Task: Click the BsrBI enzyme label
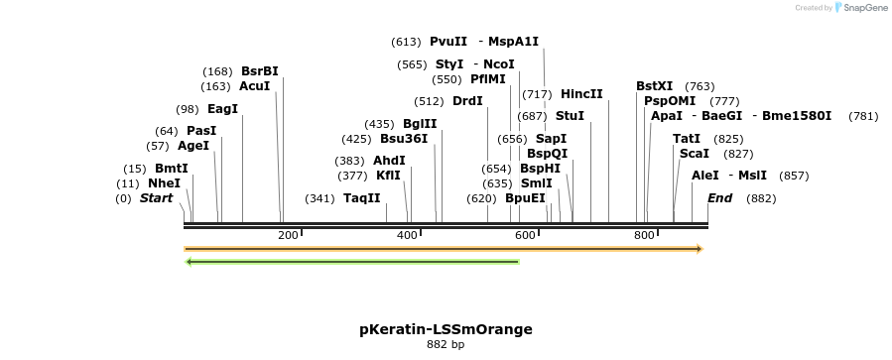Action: (259, 71)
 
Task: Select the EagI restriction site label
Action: (222, 109)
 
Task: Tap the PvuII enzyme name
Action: (447, 42)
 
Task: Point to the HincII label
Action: (581, 94)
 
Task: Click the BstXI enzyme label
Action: (654, 86)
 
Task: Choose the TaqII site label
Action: (362, 198)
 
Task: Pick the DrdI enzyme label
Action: (467, 101)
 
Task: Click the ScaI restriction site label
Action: (694, 154)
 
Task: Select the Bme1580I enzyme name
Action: (797, 116)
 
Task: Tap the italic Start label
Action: (156, 198)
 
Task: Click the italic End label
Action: (719, 198)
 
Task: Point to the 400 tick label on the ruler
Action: (407, 235)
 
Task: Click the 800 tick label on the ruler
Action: (643, 235)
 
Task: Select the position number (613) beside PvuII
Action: (407, 42)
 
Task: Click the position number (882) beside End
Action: (761, 198)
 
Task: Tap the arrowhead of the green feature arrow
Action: (191, 262)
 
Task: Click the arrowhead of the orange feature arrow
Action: (699, 248)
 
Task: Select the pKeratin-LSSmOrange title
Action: (446, 329)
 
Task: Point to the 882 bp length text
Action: (446, 345)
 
